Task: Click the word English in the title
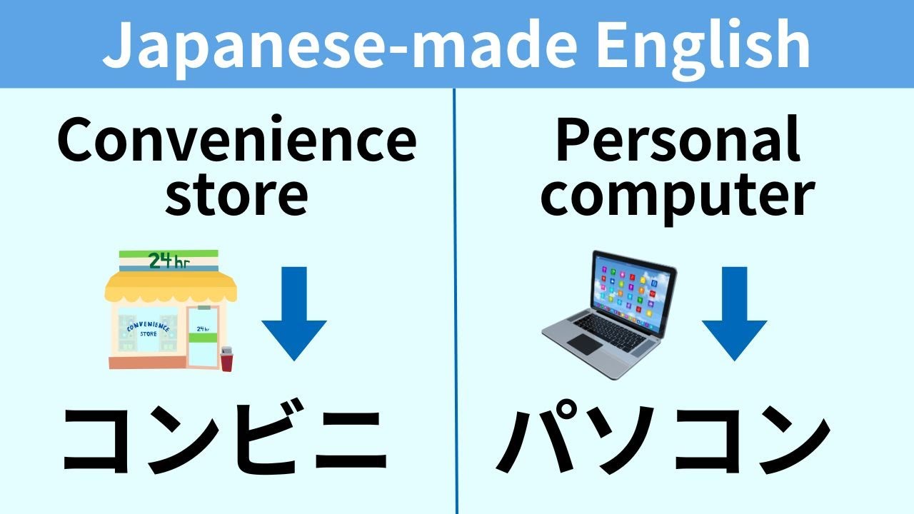tap(703, 44)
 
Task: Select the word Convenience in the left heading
tap(236, 141)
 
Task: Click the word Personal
tap(677, 141)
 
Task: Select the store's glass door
tap(203, 336)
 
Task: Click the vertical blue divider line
tap(455, 300)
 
